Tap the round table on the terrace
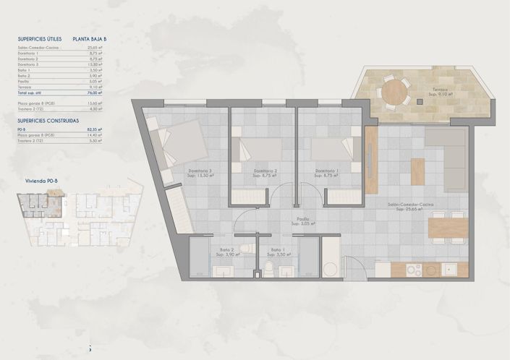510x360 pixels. point(395,91)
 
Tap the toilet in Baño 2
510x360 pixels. point(246,249)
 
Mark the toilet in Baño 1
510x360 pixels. point(268,268)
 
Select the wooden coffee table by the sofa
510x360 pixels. point(418,171)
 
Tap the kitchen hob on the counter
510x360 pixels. point(413,270)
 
